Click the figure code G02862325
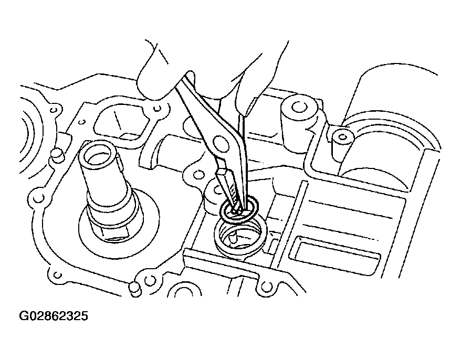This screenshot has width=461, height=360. (x=53, y=316)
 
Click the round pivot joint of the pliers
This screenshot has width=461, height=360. (x=221, y=144)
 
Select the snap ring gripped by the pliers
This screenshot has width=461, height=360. (x=239, y=209)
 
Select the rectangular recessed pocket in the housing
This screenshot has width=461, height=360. (x=334, y=253)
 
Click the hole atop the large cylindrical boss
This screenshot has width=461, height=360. (x=299, y=106)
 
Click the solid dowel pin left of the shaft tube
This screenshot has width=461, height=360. (x=57, y=156)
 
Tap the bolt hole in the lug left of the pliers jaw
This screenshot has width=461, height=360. (x=200, y=175)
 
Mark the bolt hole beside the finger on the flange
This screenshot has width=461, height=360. (x=158, y=109)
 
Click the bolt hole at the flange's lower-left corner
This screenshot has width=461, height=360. (x=58, y=276)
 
